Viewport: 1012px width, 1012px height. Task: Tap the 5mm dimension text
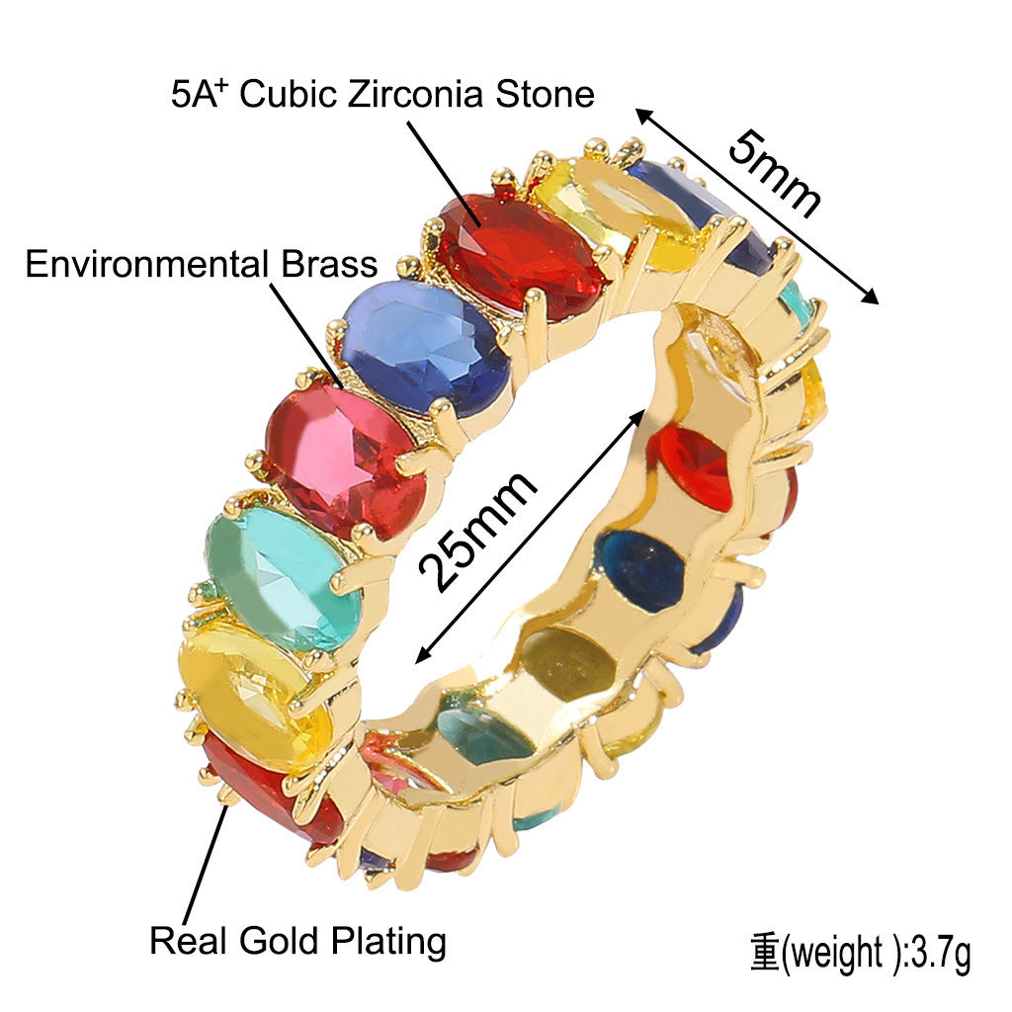click(775, 174)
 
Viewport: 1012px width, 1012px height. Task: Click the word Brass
click(329, 264)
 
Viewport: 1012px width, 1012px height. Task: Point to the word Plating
click(388, 942)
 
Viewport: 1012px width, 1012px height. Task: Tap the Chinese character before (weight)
click(766, 953)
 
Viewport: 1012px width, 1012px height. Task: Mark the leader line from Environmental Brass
click(306, 336)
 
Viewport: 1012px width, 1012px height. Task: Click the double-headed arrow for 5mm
click(757, 206)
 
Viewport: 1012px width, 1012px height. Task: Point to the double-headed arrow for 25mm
click(530, 536)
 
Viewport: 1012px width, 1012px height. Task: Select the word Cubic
click(289, 94)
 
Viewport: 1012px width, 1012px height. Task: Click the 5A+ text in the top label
click(200, 94)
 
